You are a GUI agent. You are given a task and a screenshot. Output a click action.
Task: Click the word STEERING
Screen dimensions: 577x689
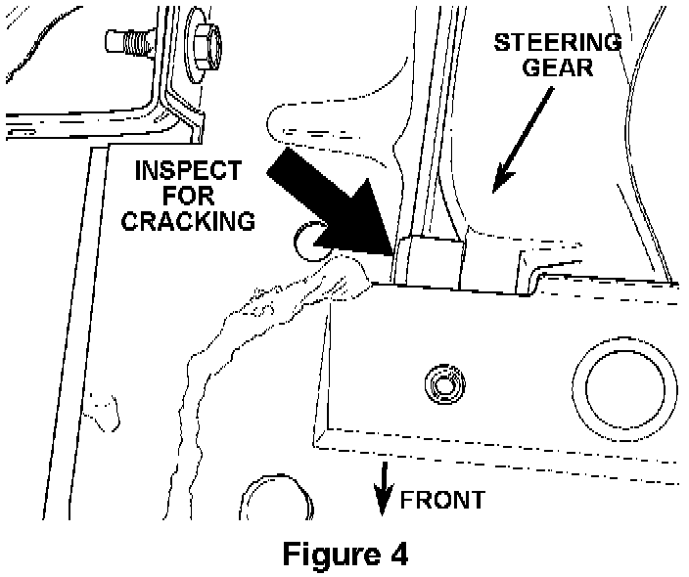(x=558, y=43)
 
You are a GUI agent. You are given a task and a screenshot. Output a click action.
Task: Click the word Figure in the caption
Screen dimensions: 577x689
(x=319, y=553)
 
